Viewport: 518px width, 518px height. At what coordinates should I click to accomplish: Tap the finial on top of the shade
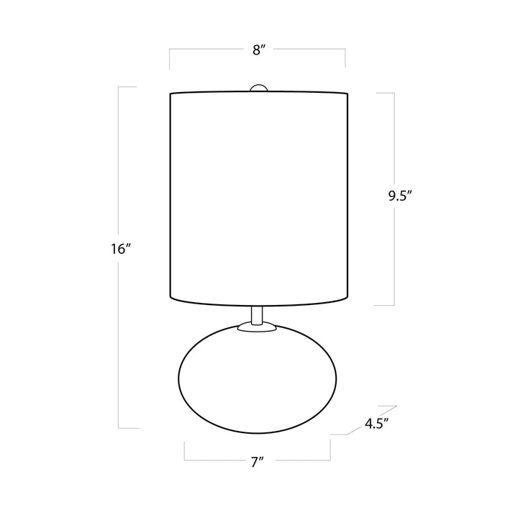(257, 88)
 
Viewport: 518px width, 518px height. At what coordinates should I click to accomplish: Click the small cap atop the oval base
(257, 327)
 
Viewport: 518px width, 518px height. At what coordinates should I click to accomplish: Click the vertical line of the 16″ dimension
(119, 180)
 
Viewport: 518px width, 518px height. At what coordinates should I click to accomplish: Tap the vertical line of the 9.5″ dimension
(394, 144)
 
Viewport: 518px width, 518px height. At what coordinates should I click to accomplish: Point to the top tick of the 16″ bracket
(127, 87)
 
